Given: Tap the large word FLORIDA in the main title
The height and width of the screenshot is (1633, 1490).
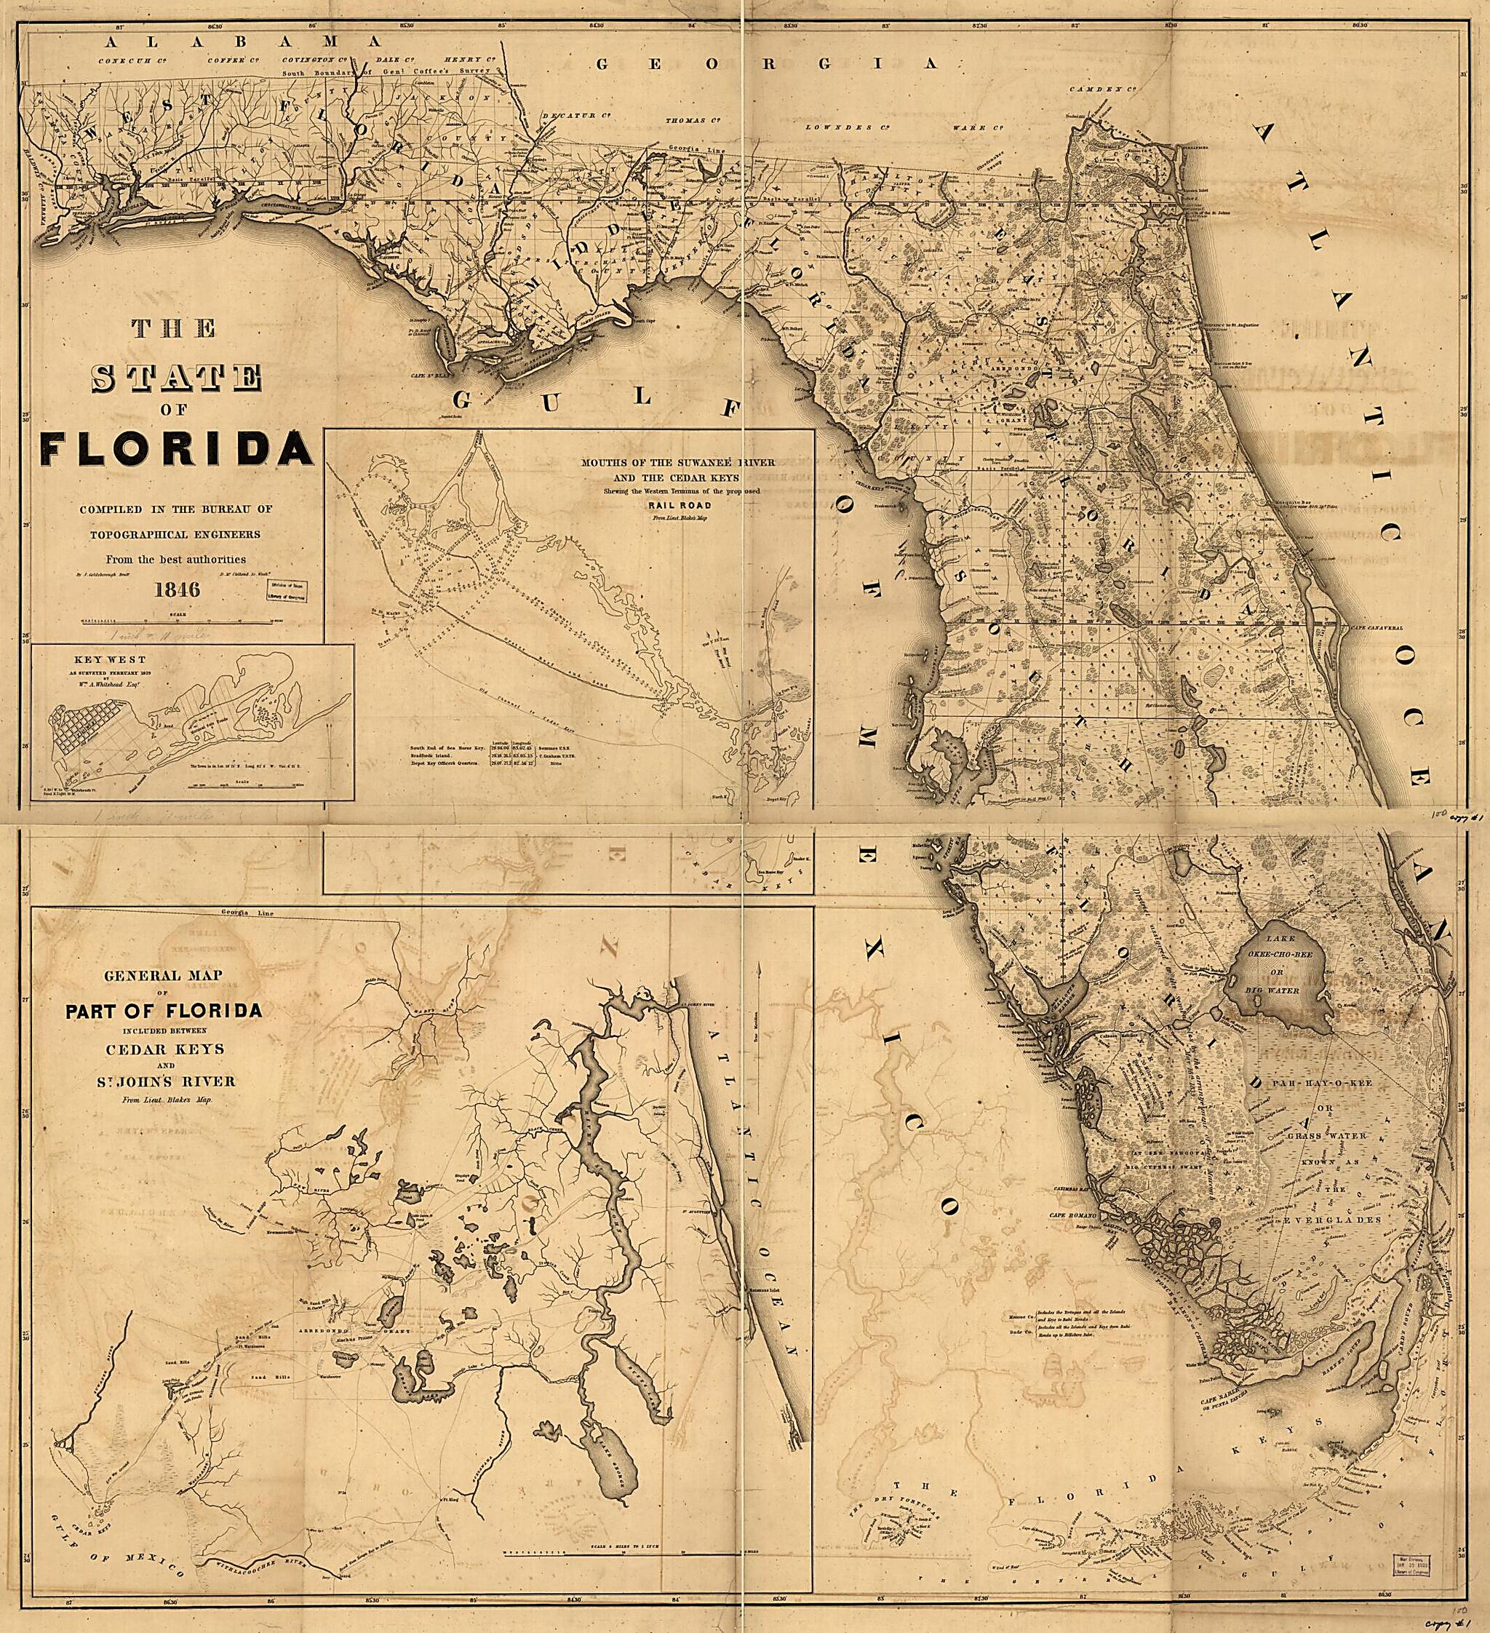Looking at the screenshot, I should point(177,450).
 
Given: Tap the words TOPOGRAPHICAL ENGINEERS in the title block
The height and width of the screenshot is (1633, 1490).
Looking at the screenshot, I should point(177,535).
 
